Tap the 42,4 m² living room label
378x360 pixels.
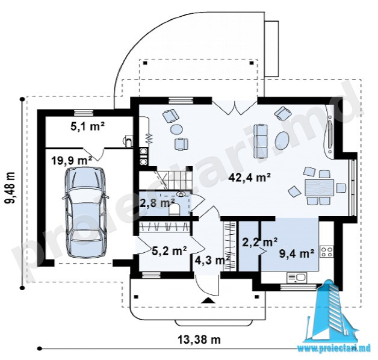tap(250, 178)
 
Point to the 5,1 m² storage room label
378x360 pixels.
tap(87, 126)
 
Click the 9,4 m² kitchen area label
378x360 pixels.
tap(297, 253)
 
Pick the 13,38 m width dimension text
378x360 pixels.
tap(199, 340)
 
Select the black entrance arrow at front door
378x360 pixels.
tap(208, 300)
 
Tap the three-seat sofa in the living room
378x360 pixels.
tap(261, 141)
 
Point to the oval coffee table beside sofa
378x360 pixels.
tap(282, 140)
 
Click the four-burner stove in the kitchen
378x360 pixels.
tap(327, 251)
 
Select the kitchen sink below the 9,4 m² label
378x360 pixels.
tap(297, 278)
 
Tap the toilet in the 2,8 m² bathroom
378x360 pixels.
tap(173, 209)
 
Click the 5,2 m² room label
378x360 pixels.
tap(169, 251)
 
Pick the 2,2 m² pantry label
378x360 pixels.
tap(259, 242)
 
